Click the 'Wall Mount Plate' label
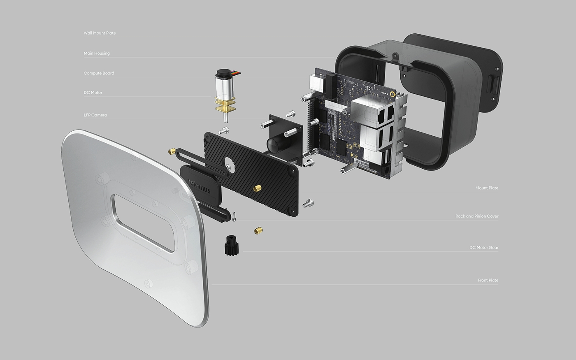click(100, 33)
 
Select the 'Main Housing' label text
click(97, 53)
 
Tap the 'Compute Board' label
click(99, 73)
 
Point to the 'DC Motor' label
click(93, 93)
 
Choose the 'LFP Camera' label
click(95, 115)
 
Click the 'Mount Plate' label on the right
click(487, 188)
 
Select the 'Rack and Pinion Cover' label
click(477, 216)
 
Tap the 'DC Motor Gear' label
click(484, 248)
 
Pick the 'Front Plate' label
click(488, 280)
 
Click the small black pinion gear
click(232, 245)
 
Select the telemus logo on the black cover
click(199, 186)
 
